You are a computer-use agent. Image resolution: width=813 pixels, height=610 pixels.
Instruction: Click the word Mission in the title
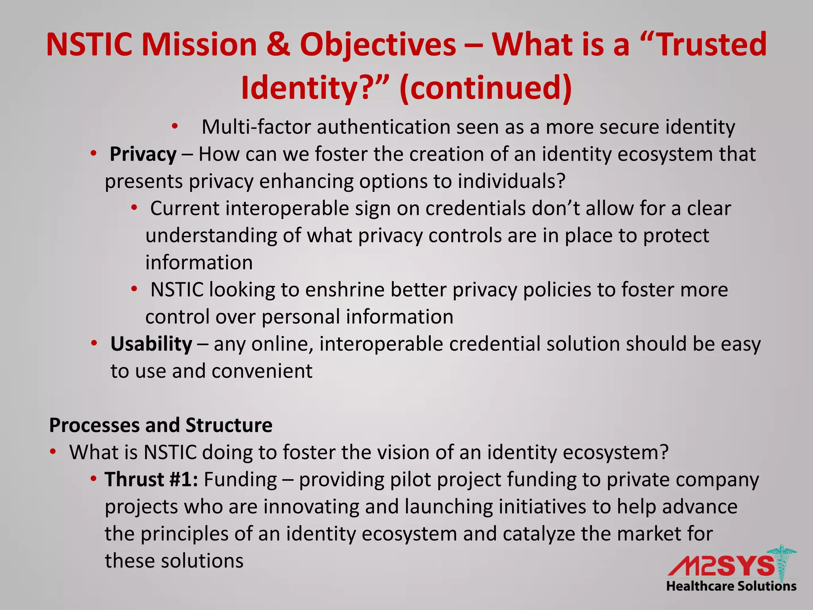200,44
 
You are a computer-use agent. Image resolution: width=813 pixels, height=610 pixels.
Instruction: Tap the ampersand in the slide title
277,44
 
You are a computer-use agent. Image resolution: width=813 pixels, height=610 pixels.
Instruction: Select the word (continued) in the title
486,87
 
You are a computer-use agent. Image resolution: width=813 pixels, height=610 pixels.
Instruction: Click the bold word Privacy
143,154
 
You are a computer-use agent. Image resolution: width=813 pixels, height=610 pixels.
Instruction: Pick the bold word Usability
151,344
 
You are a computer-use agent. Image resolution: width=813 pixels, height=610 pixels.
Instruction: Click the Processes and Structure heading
161,425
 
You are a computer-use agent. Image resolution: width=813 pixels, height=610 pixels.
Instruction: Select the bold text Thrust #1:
151,480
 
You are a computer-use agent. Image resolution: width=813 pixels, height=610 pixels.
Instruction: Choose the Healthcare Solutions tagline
731,586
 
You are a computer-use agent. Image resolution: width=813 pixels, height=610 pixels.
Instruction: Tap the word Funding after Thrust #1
240,480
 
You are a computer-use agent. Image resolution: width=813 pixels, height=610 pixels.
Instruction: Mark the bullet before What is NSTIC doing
53,452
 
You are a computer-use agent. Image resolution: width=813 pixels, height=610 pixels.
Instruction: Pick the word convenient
262,371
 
